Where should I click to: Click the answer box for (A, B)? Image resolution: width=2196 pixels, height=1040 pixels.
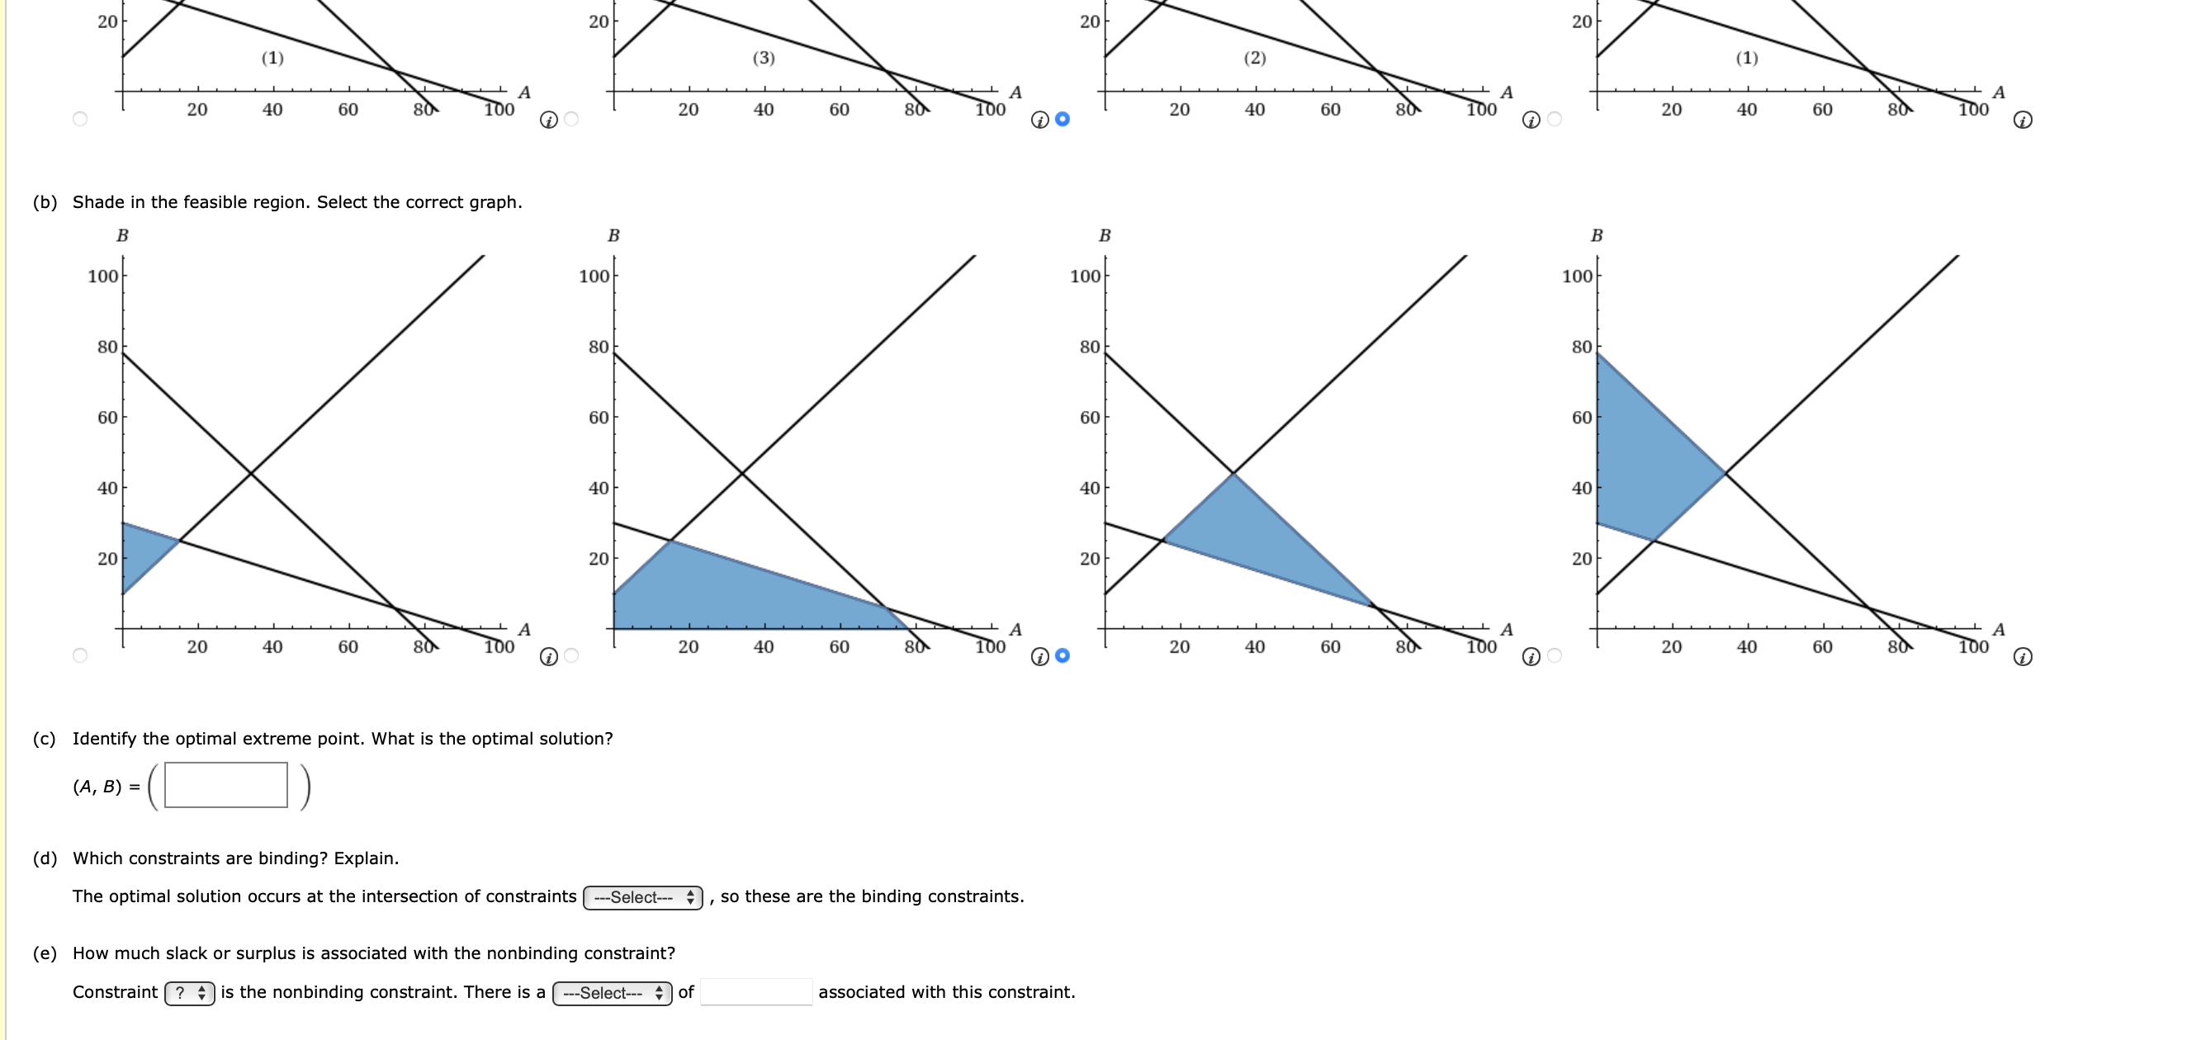click(226, 785)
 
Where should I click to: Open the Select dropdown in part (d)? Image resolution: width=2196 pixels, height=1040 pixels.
click(643, 898)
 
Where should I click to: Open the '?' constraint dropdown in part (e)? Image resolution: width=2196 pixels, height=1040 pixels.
click(189, 993)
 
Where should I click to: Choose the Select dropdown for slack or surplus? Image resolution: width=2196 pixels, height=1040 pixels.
click(612, 993)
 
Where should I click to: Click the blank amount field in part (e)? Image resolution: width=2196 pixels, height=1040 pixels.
click(756, 992)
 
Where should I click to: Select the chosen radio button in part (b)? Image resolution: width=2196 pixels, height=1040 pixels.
click(1063, 655)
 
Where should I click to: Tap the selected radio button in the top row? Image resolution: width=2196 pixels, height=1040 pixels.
click(1063, 120)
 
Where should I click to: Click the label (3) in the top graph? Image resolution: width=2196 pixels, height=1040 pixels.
click(764, 58)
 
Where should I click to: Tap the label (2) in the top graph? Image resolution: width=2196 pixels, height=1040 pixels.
click(1255, 58)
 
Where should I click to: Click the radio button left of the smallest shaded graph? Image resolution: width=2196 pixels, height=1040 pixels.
click(80, 655)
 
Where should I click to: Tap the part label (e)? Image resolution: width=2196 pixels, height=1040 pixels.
click(45, 953)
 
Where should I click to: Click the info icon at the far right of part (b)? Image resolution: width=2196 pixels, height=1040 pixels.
click(2023, 657)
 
